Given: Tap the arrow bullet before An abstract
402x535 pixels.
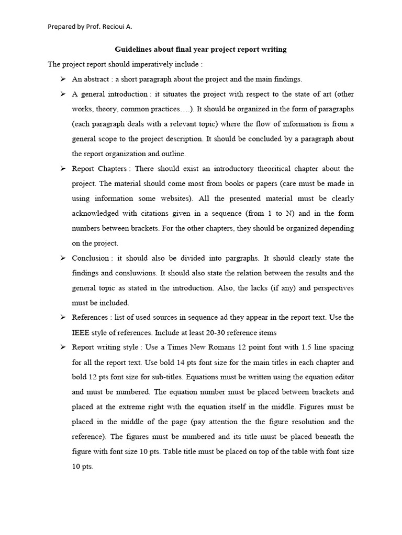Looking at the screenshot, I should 62,79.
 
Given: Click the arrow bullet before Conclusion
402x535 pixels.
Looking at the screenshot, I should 62,258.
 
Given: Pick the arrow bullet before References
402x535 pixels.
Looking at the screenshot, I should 62,317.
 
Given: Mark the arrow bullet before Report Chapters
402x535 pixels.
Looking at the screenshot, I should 62,169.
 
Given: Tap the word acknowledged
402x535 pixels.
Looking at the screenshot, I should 96,213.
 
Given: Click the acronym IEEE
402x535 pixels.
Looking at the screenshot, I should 81,332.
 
